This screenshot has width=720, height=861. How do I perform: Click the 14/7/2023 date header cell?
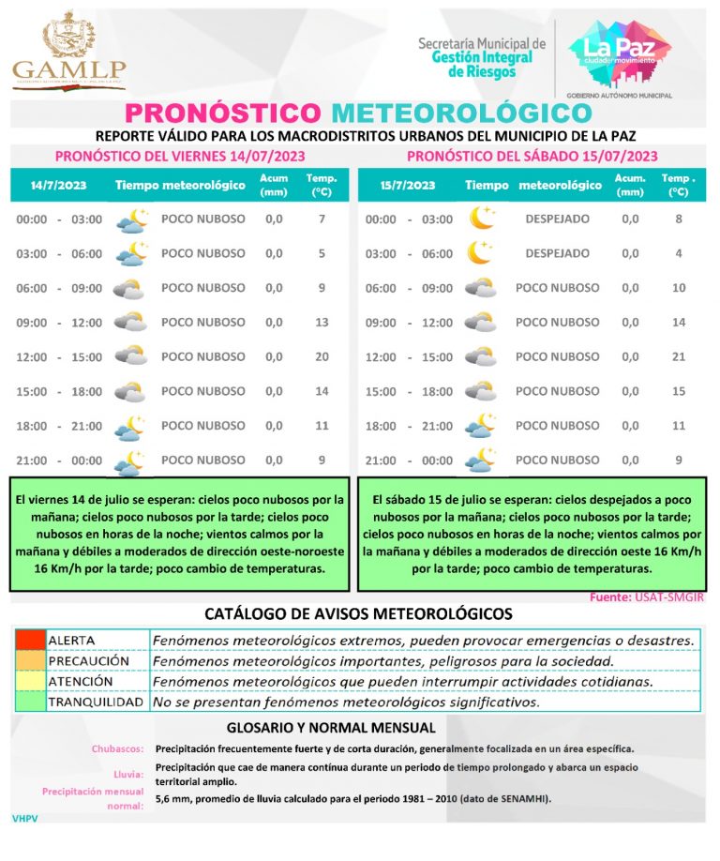58,185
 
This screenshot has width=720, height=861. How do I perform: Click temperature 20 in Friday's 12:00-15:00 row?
322,356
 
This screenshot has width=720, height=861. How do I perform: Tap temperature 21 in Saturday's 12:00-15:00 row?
680,356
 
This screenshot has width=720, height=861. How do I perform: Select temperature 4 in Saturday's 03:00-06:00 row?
680,253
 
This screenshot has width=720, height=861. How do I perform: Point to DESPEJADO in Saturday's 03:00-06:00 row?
557,253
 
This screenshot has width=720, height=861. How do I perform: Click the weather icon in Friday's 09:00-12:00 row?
130,322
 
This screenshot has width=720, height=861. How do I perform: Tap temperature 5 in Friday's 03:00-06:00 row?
322,253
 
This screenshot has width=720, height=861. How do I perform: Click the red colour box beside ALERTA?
29,640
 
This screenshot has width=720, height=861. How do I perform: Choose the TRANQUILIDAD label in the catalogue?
96,702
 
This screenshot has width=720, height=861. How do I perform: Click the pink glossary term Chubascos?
117,748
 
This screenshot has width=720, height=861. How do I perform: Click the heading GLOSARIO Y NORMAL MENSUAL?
331,727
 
